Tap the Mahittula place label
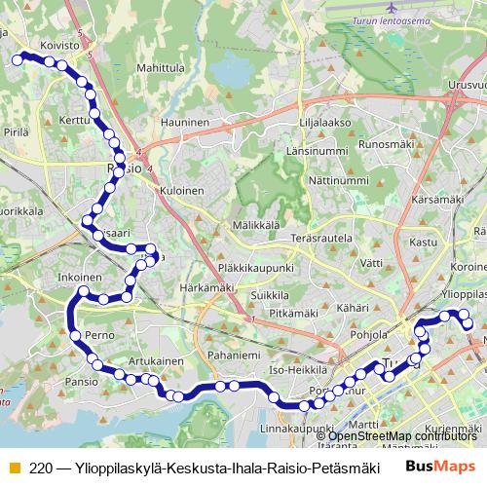point(161,68)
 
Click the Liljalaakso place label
point(324,123)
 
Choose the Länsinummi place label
point(318,152)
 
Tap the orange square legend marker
point(14,468)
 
